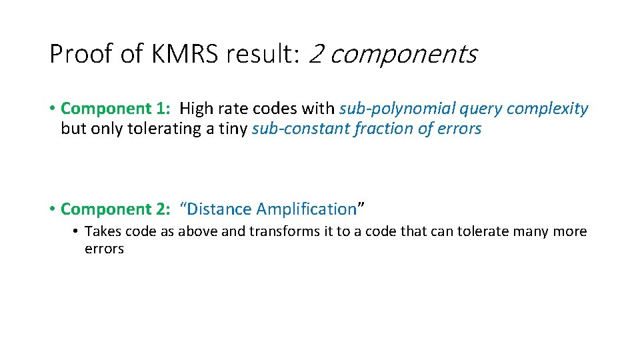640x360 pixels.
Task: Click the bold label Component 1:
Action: [116, 109]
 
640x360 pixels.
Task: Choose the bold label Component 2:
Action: [116, 209]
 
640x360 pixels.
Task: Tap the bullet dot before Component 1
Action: [52, 109]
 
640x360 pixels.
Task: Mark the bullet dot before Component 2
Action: [52, 209]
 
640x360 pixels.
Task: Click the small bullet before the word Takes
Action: [77, 232]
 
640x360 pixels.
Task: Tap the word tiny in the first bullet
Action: [233, 129]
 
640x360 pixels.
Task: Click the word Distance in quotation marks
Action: [221, 209]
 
